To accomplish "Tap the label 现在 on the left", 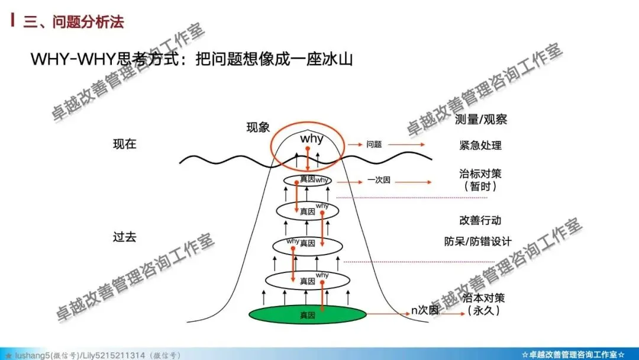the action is pos(124,144).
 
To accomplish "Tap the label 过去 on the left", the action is pos(124,237).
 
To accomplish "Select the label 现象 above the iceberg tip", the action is pos(258,127).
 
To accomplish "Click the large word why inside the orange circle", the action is pos(312,139).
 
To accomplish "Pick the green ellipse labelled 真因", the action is pos(306,315).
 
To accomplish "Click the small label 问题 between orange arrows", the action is pos(374,144).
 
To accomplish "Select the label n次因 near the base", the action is pos(425,310).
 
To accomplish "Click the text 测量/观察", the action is pos(481,120).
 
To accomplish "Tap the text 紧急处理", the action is pos(480,145).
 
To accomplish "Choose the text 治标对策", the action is pos(480,174).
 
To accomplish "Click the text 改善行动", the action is pos(480,220).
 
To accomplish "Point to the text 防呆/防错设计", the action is pos(477,242).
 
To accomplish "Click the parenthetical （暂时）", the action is pos(480,187).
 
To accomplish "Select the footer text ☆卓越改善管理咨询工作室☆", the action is pos(573,354).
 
